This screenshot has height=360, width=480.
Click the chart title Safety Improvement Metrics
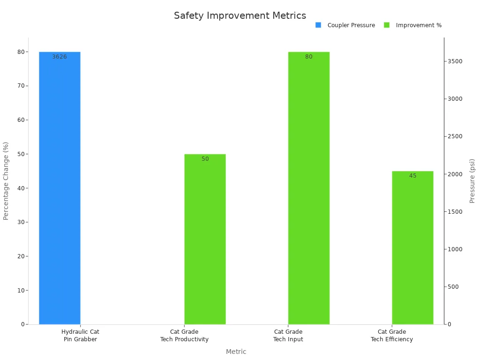coord(240,15)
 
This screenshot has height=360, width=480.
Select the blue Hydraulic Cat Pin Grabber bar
coord(60,187)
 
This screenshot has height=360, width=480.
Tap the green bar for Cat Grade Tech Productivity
coord(205,239)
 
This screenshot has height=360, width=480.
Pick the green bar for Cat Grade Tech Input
coord(308,187)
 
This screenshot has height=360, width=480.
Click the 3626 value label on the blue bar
coord(60,57)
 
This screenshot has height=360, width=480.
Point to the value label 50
coord(205,159)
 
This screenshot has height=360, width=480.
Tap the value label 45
coord(412,176)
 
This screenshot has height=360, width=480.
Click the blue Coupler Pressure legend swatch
coord(318,25)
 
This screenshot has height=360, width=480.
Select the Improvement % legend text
coord(419,25)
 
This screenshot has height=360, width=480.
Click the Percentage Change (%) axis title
coord(6,180)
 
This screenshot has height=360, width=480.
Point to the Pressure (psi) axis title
coord(472,180)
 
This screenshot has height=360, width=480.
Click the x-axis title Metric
coord(236,352)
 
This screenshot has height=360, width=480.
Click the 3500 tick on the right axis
coord(455,61)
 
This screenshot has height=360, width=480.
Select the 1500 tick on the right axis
coord(455,211)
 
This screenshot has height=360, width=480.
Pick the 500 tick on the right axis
coord(453,286)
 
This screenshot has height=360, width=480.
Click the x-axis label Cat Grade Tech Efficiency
coord(392,336)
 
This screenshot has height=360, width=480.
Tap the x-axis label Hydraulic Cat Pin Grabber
coord(80,336)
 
